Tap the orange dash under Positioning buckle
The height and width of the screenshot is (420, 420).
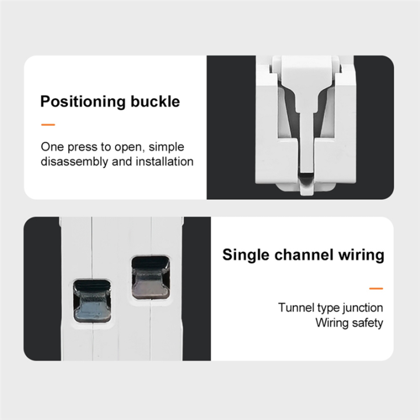click(48, 124)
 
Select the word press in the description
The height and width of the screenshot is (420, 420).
click(76, 147)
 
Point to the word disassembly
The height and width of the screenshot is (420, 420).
click(74, 162)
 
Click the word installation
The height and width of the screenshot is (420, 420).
click(165, 162)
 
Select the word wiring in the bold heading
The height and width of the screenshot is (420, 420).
click(363, 255)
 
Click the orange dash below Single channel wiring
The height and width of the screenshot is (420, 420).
click(376, 288)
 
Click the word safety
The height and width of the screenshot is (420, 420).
click(366, 323)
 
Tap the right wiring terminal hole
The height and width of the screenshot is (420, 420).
click(149, 278)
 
